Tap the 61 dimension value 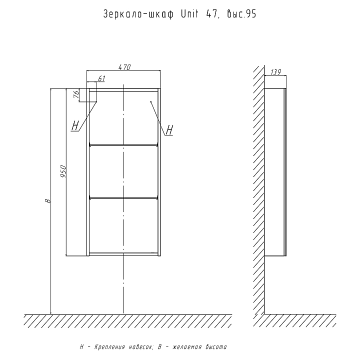[101, 78]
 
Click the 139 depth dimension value [274, 72]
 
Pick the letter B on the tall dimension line [48, 200]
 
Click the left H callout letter [75, 125]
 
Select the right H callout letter [169, 130]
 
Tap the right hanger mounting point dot [150, 102]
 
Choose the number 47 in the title [210, 15]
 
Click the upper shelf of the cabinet [123, 145]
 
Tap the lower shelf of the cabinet [123, 198]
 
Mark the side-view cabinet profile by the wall [274, 172]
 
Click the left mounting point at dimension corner [96, 102]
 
